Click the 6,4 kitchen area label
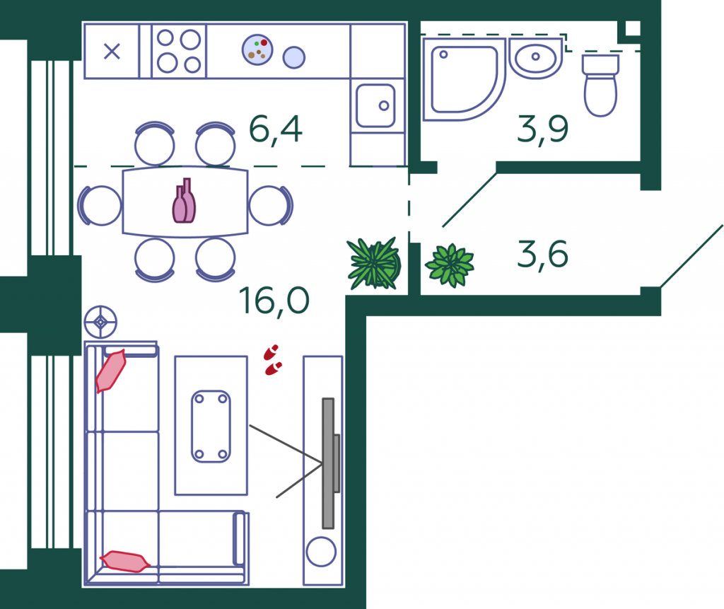point(276,129)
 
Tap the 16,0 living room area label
point(274,301)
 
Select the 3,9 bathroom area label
point(542,129)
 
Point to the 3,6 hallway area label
point(542,254)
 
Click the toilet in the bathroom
point(600,85)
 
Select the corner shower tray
point(464,79)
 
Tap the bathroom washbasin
point(536,58)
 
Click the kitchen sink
point(375,105)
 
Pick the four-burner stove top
point(179,51)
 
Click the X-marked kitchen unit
point(112,52)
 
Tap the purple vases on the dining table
point(185,201)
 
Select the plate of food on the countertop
point(257,50)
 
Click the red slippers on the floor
point(273,359)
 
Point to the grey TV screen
point(329,463)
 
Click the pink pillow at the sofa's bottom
point(125,562)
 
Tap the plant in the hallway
point(450,265)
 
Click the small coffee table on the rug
point(211,426)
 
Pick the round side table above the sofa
point(100,322)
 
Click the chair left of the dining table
point(99,206)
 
